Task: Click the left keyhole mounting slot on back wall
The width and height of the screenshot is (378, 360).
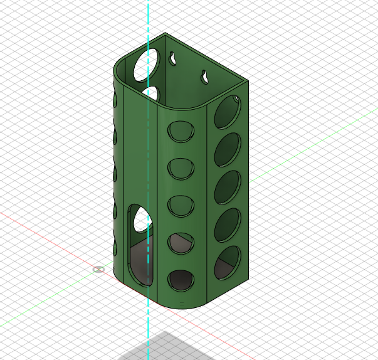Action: point(171,58)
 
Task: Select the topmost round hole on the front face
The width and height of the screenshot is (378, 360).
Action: point(181,131)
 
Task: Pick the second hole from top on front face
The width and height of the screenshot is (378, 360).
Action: point(181,168)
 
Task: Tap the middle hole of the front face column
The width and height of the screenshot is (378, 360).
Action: point(181,205)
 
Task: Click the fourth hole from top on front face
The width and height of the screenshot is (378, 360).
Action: point(181,243)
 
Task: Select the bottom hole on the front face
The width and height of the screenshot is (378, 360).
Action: point(181,280)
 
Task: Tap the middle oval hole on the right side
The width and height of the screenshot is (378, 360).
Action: point(228,188)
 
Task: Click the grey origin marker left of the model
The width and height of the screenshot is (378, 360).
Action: point(98,269)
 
